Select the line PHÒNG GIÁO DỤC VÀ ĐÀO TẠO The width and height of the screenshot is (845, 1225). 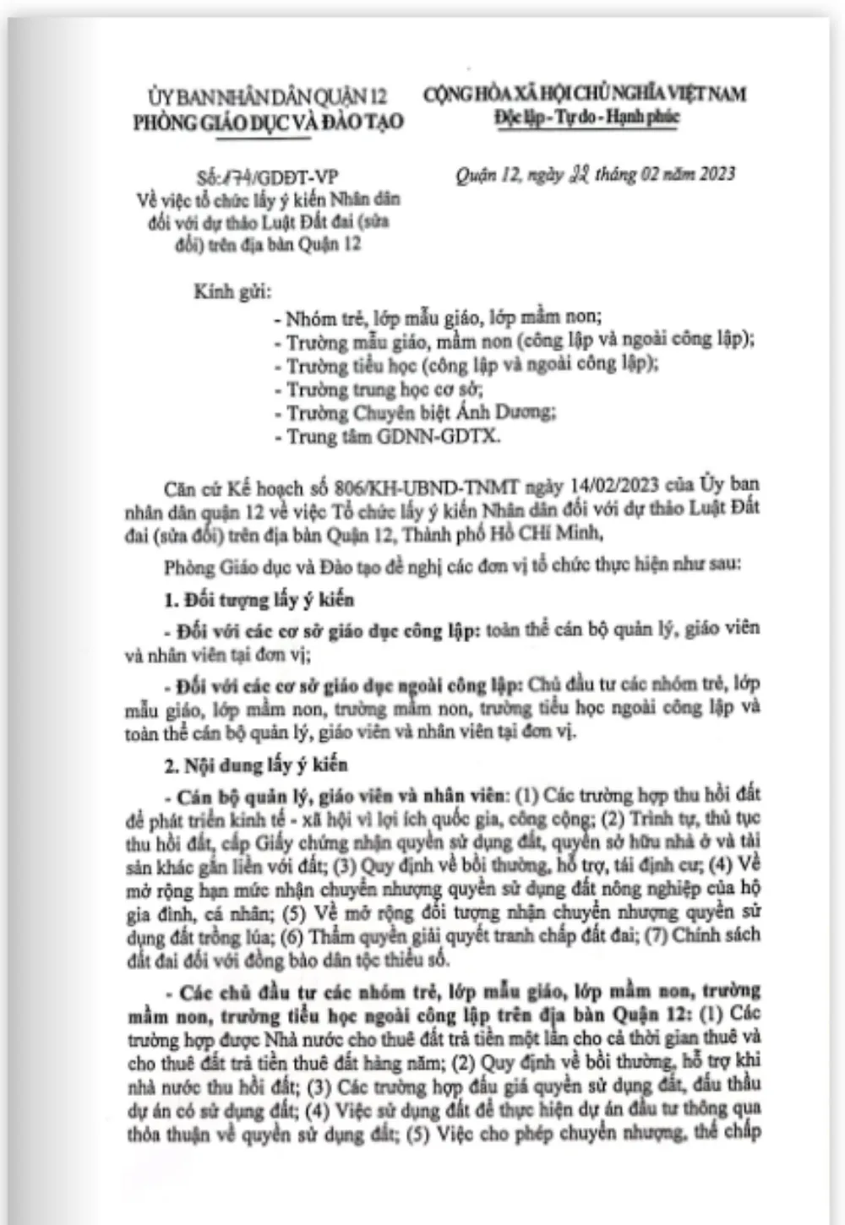(x=268, y=122)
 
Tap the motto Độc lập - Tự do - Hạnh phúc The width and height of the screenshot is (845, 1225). (x=586, y=117)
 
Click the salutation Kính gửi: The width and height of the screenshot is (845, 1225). (x=232, y=292)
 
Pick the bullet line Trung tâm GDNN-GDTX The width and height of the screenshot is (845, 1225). (x=387, y=437)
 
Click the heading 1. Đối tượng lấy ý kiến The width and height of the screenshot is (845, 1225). (x=259, y=600)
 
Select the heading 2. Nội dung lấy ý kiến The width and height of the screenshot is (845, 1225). (x=255, y=765)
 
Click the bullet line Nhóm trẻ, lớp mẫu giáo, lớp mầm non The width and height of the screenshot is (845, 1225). (x=438, y=318)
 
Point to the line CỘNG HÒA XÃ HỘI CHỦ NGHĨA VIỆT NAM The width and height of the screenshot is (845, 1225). (x=585, y=93)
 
